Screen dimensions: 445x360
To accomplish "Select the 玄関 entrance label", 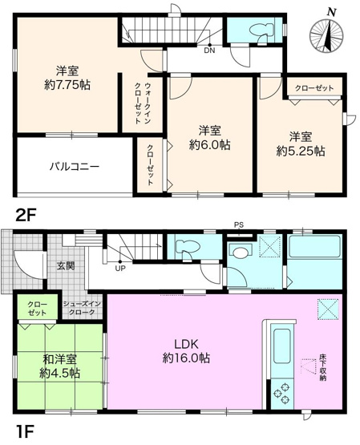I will point(64,266).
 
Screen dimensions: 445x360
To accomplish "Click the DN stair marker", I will point(208,51).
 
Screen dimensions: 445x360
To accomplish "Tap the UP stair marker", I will point(120,268).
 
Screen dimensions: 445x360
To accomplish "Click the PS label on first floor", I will point(238,225).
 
